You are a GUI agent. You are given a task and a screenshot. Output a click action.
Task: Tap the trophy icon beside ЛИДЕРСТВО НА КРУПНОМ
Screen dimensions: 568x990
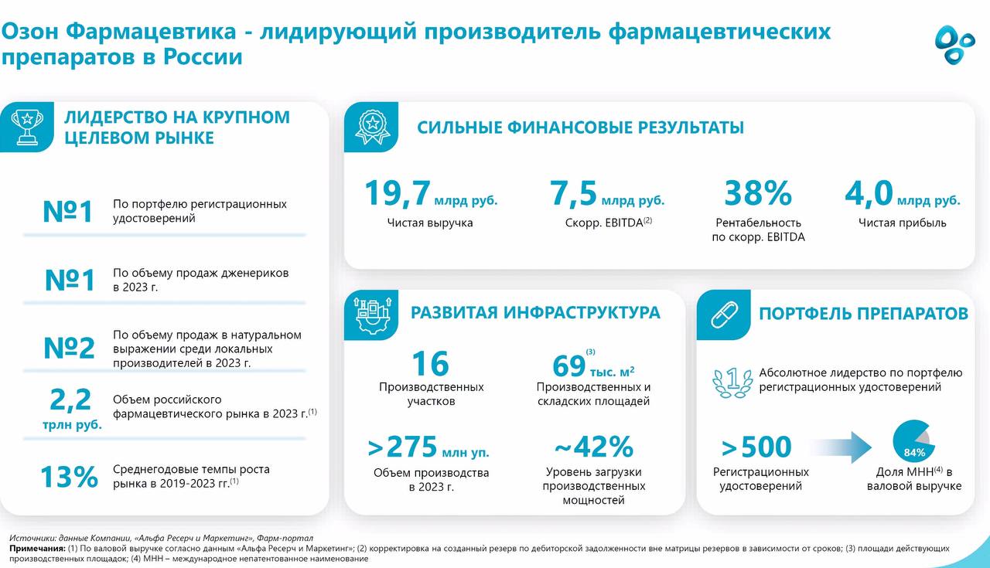(x=27, y=127)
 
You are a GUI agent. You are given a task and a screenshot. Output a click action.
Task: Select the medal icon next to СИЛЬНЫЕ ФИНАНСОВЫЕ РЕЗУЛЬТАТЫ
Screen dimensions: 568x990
(x=373, y=127)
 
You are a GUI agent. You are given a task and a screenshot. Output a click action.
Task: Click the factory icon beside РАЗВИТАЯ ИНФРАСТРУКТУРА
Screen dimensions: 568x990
(x=373, y=315)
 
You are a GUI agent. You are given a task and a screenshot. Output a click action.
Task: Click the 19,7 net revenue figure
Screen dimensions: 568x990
(x=397, y=193)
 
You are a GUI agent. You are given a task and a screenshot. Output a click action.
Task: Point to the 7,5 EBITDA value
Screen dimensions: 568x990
(x=573, y=193)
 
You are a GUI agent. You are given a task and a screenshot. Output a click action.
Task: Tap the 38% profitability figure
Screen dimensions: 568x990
(x=757, y=193)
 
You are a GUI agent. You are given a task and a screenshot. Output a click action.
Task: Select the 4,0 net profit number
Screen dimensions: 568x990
(x=869, y=193)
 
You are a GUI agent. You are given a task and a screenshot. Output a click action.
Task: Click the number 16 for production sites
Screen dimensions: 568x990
(x=430, y=364)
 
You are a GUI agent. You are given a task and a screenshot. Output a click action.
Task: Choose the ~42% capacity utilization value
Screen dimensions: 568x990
(x=593, y=447)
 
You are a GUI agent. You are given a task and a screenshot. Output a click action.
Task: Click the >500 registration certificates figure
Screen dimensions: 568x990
(x=756, y=447)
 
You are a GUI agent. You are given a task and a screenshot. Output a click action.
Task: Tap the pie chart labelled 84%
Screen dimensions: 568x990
(x=912, y=442)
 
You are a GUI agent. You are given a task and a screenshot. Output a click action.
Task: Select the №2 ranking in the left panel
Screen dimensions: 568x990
(x=70, y=349)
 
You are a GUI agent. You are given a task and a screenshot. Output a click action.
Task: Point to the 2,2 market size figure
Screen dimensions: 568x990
(x=70, y=400)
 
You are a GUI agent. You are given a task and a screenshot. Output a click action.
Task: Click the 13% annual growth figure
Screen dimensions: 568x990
(x=69, y=477)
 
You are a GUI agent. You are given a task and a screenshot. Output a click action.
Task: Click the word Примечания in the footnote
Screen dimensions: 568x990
(x=37, y=548)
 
